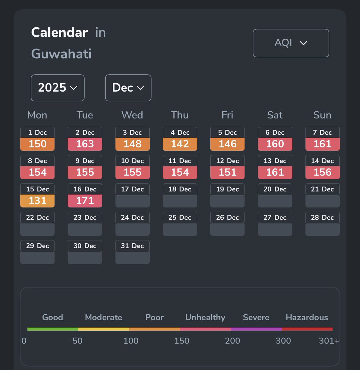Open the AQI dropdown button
(x=291, y=43)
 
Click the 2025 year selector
(x=58, y=88)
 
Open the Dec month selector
(x=128, y=88)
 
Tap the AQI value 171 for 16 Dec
(x=85, y=201)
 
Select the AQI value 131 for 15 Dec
(x=37, y=201)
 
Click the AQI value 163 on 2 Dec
(x=85, y=144)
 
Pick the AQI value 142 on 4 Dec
(x=180, y=144)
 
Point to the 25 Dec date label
(x=180, y=217)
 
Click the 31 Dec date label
(x=132, y=246)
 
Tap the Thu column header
(x=180, y=115)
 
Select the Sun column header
(x=322, y=115)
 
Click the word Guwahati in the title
(x=61, y=54)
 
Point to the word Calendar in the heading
(x=59, y=32)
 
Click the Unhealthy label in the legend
(x=205, y=317)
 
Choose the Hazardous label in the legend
(x=307, y=317)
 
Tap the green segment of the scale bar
(x=53, y=329)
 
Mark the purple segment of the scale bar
(x=256, y=329)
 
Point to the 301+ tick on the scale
(x=329, y=341)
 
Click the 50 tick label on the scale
(x=77, y=341)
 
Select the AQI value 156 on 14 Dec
(x=322, y=172)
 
